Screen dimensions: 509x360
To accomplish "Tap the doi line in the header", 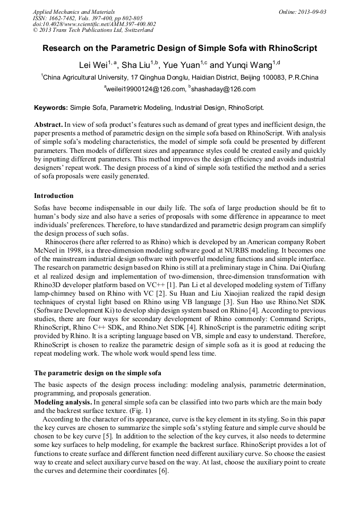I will (x=94, y=24).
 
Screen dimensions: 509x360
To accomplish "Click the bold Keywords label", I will (x=51, y=108).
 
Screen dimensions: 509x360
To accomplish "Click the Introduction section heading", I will (x=54, y=196).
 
